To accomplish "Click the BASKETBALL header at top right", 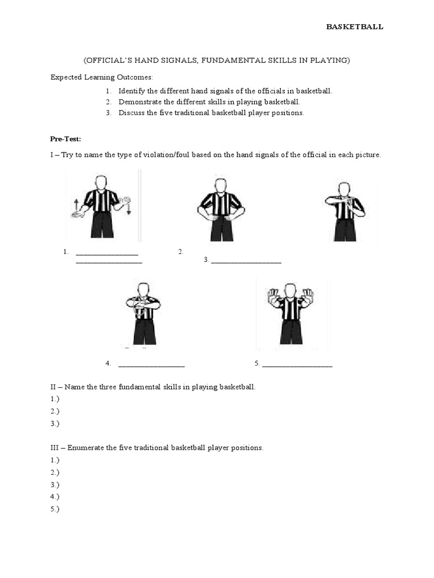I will tap(355, 27).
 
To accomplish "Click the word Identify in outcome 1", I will tap(131, 91).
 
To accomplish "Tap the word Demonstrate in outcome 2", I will tap(139, 102).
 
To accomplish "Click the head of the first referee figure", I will tap(101, 182).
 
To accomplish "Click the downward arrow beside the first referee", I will tap(129, 209).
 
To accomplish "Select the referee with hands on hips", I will tap(221, 209).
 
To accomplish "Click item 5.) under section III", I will tap(55, 509).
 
